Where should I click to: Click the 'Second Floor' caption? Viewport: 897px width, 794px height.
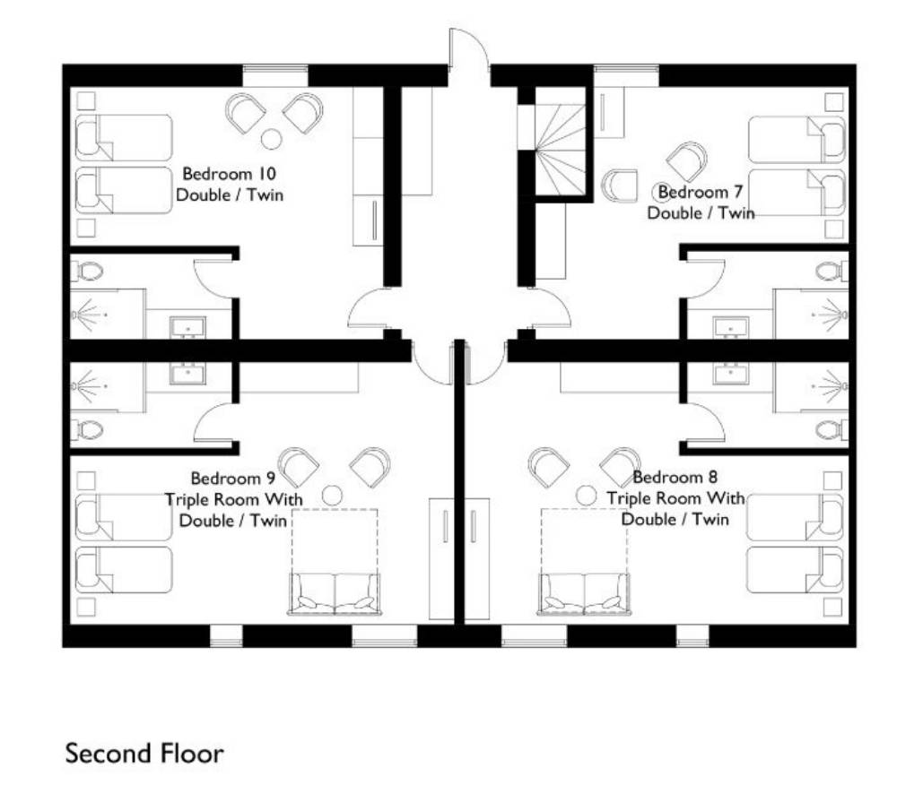point(144,754)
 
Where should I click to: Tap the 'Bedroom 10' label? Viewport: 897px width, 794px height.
point(230,173)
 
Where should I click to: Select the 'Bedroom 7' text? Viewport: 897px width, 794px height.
point(701,192)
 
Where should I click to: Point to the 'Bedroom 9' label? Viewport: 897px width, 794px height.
point(233,478)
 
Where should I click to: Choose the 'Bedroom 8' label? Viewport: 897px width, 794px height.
point(675,477)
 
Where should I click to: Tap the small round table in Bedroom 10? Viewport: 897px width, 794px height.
point(271,139)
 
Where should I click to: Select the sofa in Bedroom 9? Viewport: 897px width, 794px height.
point(334,594)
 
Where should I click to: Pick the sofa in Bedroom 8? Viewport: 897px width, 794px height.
point(584,594)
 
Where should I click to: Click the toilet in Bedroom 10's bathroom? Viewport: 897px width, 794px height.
point(87,271)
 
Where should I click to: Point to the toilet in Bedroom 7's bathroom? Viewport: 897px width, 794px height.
point(832,271)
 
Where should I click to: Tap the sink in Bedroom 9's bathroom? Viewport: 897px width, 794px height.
point(187,374)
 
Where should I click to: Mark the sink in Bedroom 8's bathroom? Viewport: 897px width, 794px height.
point(730,374)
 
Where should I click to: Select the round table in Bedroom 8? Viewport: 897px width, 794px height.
point(586,495)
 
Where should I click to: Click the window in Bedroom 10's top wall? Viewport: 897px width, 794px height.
point(275,75)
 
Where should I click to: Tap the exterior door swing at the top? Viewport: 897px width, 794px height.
point(469,48)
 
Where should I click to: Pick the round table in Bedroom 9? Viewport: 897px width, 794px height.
point(332,495)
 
